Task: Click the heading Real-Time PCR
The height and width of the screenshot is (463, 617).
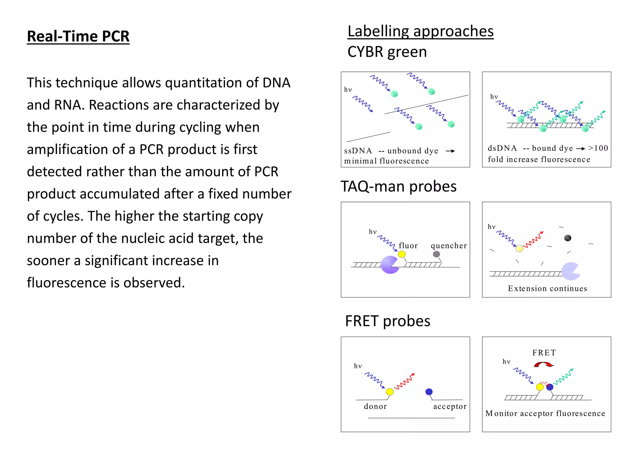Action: click(x=78, y=36)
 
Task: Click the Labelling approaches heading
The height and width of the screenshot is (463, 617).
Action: click(x=420, y=31)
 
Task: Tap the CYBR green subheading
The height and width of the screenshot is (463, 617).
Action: click(x=387, y=52)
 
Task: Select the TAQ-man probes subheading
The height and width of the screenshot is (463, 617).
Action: click(x=398, y=186)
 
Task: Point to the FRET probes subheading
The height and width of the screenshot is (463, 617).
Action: click(x=387, y=321)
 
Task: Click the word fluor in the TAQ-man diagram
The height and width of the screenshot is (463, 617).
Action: click(x=408, y=246)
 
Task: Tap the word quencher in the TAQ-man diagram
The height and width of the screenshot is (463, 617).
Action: click(x=449, y=246)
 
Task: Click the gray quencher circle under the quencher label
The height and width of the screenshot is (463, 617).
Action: click(x=436, y=254)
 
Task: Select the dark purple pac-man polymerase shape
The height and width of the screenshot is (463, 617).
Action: click(x=389, y=265)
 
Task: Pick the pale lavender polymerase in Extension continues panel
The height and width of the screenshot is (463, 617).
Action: click(x=570, y=271)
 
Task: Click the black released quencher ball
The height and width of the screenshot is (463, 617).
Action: click(x=568, y=238)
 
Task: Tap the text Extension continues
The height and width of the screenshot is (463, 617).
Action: click(x=547, y=288)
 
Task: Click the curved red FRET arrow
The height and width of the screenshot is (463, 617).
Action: click(x=543, y=365)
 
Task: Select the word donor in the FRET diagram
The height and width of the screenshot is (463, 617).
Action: click(x=375, y=406)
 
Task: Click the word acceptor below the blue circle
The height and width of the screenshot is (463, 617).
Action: click(x=449, y=407)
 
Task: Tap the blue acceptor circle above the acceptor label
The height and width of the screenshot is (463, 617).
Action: click(x=429, y=392)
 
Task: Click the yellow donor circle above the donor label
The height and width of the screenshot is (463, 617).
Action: click(x=390, y=392)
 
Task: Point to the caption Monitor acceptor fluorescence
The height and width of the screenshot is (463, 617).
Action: click(x=545, y=413)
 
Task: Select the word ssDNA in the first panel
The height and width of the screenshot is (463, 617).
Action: click(x=358, y=151)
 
